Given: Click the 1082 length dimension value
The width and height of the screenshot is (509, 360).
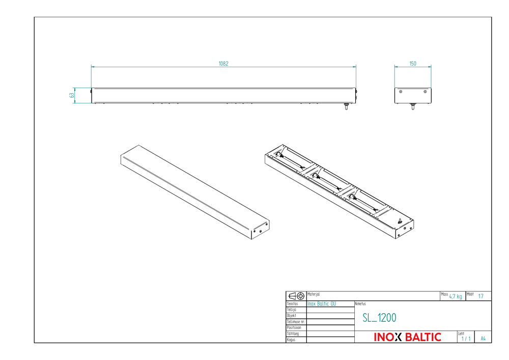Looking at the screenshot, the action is coord(223,64).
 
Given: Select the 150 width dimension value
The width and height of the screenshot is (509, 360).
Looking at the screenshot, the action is coord(413,64).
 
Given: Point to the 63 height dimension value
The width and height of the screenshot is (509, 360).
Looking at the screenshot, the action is coord(72,95).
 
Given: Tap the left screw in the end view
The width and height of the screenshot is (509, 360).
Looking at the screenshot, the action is coord(401,92).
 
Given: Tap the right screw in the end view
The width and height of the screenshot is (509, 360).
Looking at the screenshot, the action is coord(425,92).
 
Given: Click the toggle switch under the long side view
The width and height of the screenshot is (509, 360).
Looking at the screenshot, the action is coord(346,106).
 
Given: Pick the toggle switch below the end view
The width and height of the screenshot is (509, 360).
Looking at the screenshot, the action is coord(413,106).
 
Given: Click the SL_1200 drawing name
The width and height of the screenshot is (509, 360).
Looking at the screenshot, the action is coord(379,318).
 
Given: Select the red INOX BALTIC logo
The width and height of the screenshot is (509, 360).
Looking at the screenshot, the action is coord(407,337).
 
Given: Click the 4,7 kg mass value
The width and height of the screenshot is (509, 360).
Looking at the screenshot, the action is coord(456,296).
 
